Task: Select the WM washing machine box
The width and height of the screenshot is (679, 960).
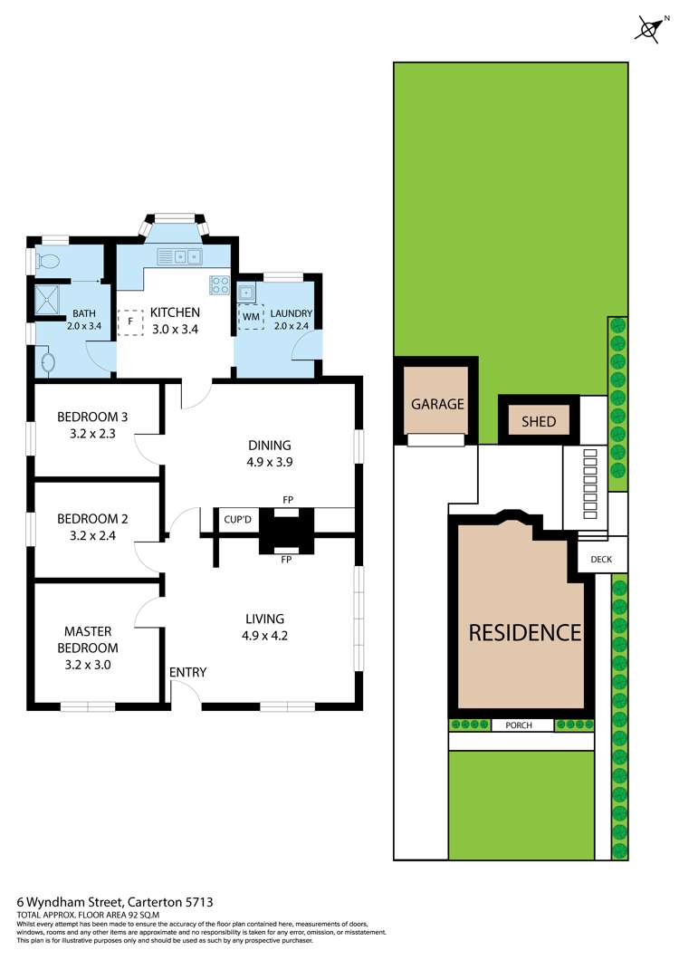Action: [250, 317]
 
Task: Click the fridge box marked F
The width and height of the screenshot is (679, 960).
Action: [130, 321]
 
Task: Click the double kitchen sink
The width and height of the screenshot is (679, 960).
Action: [187, 256]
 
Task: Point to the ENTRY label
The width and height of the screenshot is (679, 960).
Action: [187, 672]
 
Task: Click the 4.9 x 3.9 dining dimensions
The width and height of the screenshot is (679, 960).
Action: [270, 461]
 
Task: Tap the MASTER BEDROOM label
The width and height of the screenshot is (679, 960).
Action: [91, 639]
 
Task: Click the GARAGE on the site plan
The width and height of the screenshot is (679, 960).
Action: [437, 404]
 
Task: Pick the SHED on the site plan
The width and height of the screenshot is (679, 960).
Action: [538, 421]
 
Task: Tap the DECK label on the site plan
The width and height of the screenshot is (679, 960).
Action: [601, 560]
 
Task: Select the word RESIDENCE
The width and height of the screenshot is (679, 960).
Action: [524, 632]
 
